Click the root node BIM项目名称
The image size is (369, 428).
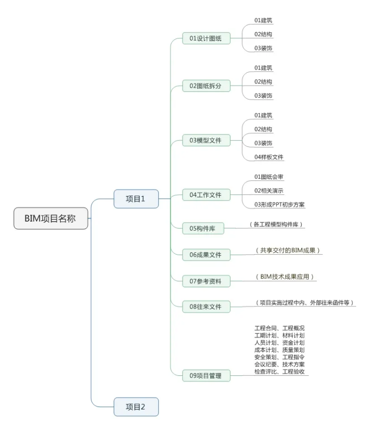click(x=50, y=218)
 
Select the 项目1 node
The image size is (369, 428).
click(x=136, y=199)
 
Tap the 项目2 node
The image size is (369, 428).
click(x=136, y=407)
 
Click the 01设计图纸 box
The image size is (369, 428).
click(x=206, y=38)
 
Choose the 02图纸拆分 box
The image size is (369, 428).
click(x=206, y=86)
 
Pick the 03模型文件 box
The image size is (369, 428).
click(x=206, y=140)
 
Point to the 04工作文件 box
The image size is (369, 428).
click(x=206, y=195)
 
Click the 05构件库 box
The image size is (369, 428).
click(x=203, y=228)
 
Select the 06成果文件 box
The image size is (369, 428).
click(x=206, y=255)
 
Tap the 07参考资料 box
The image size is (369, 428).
click(x=206, y=281)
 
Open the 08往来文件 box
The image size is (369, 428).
click(x=206, y=306)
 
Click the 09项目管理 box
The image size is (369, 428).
click(x=206, y=376)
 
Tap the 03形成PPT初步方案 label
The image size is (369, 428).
click(x=280, y=204)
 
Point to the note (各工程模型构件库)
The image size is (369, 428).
click(x=277, y=224)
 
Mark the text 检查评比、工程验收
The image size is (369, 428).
click(x=280, y=372)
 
